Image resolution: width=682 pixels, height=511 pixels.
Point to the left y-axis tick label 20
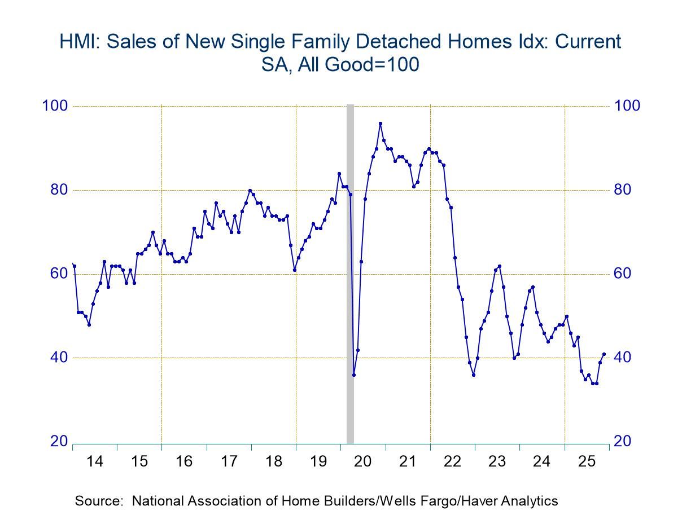[x=59, y=442]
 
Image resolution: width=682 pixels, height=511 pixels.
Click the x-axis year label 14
[x=95, y=461]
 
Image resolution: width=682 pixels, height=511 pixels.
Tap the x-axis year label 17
[x=229, y=461]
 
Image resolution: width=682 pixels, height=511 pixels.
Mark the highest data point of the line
[x=381, y=123]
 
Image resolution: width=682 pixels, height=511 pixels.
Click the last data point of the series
[x=604, y=354]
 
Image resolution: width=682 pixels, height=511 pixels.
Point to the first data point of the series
[x=74, y=266]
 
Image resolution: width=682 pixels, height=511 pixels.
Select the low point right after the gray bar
[x=354, y=375]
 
